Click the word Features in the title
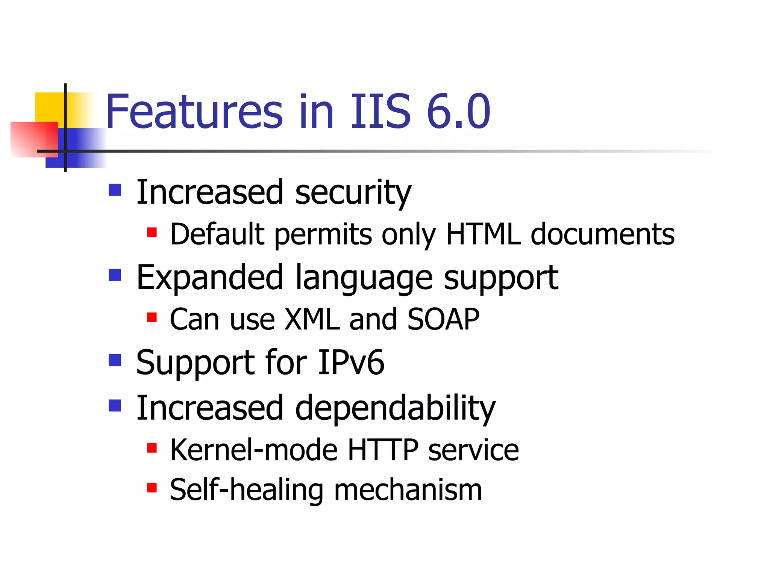tap(194, 112)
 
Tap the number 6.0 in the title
tap(458, 112)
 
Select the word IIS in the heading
tap(380, 112)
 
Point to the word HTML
tap(483, 234)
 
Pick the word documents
tap(602, 234)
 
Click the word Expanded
tap(209, 278)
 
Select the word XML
tap(312, 319)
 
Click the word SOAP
tap(443, 319)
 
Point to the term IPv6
tap(351, 363)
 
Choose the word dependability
tap(395, 409)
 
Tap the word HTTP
tap(383, 450)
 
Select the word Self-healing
tap(246, 490)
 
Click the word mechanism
tap(408, 490)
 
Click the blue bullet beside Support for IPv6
tap(115, 360)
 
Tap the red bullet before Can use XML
tap(152, 318)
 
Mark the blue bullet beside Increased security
tap(115, 190)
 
